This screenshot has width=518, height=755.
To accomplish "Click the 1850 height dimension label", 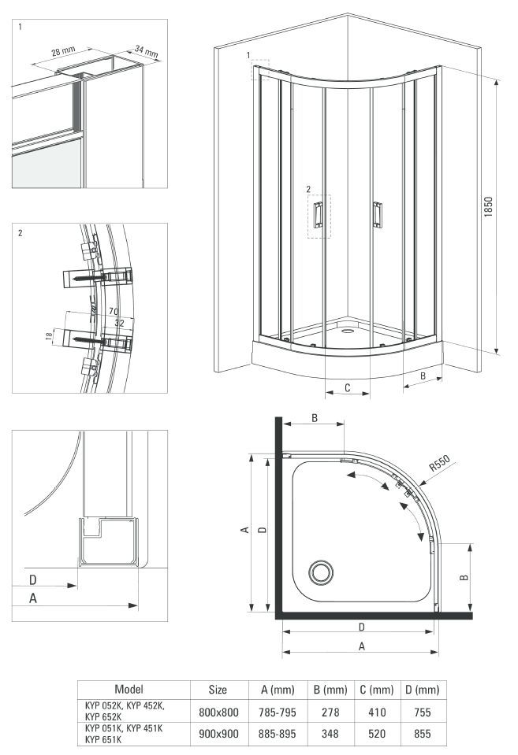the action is [488, 206].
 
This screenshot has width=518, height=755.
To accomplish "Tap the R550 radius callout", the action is [439, 463].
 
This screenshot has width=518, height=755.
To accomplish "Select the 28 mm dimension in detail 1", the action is [64, 50].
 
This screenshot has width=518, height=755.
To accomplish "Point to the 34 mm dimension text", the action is [146, 51].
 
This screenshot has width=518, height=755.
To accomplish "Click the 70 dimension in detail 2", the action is [114, 312].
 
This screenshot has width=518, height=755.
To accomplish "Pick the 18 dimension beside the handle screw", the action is [49, 337].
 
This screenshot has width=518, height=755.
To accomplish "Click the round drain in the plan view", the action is [321, 572].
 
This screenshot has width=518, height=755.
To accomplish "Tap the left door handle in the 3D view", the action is [318, 215].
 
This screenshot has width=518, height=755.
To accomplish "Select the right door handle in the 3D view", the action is [377, 215].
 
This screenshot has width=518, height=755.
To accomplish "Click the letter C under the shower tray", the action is [347, 387].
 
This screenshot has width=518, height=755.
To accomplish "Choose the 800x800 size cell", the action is [218, 712].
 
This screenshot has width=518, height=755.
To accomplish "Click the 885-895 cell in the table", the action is [278, 734].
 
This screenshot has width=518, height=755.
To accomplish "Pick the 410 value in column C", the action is [377, 712].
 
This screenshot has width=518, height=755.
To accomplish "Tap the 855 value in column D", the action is [422, 734].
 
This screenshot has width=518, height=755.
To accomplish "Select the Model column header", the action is [129, 689].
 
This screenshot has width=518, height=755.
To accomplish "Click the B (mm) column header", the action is [330, 690].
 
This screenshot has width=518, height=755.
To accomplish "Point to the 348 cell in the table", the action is [330, 734].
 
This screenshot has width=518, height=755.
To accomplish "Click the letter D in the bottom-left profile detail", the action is [33, 579].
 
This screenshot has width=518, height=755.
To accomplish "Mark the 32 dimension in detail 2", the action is [119, 323].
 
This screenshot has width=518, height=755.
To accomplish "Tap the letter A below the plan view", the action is [362, 646].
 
